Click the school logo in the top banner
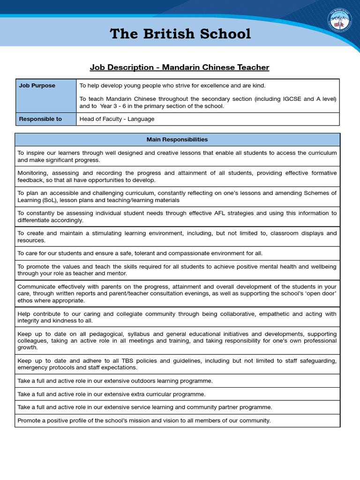(x=339, y=22)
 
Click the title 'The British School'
(x=180, y=34)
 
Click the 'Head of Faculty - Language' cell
(x=117, y=119)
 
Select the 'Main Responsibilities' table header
(x=177, y=140)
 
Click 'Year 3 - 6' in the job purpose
(x=115, y=106)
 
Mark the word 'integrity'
(x=30, y=320)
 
